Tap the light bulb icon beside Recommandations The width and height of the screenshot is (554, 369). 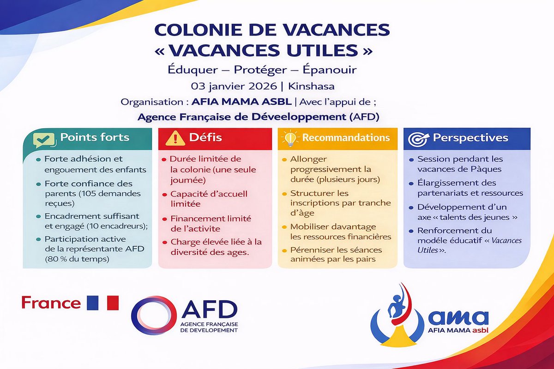(290, 138)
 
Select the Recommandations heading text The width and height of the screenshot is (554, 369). (346, 138)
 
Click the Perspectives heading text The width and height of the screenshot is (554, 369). (470, 138)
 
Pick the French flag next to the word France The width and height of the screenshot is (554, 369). (102, 303)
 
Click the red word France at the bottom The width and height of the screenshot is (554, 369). (51, 303)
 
